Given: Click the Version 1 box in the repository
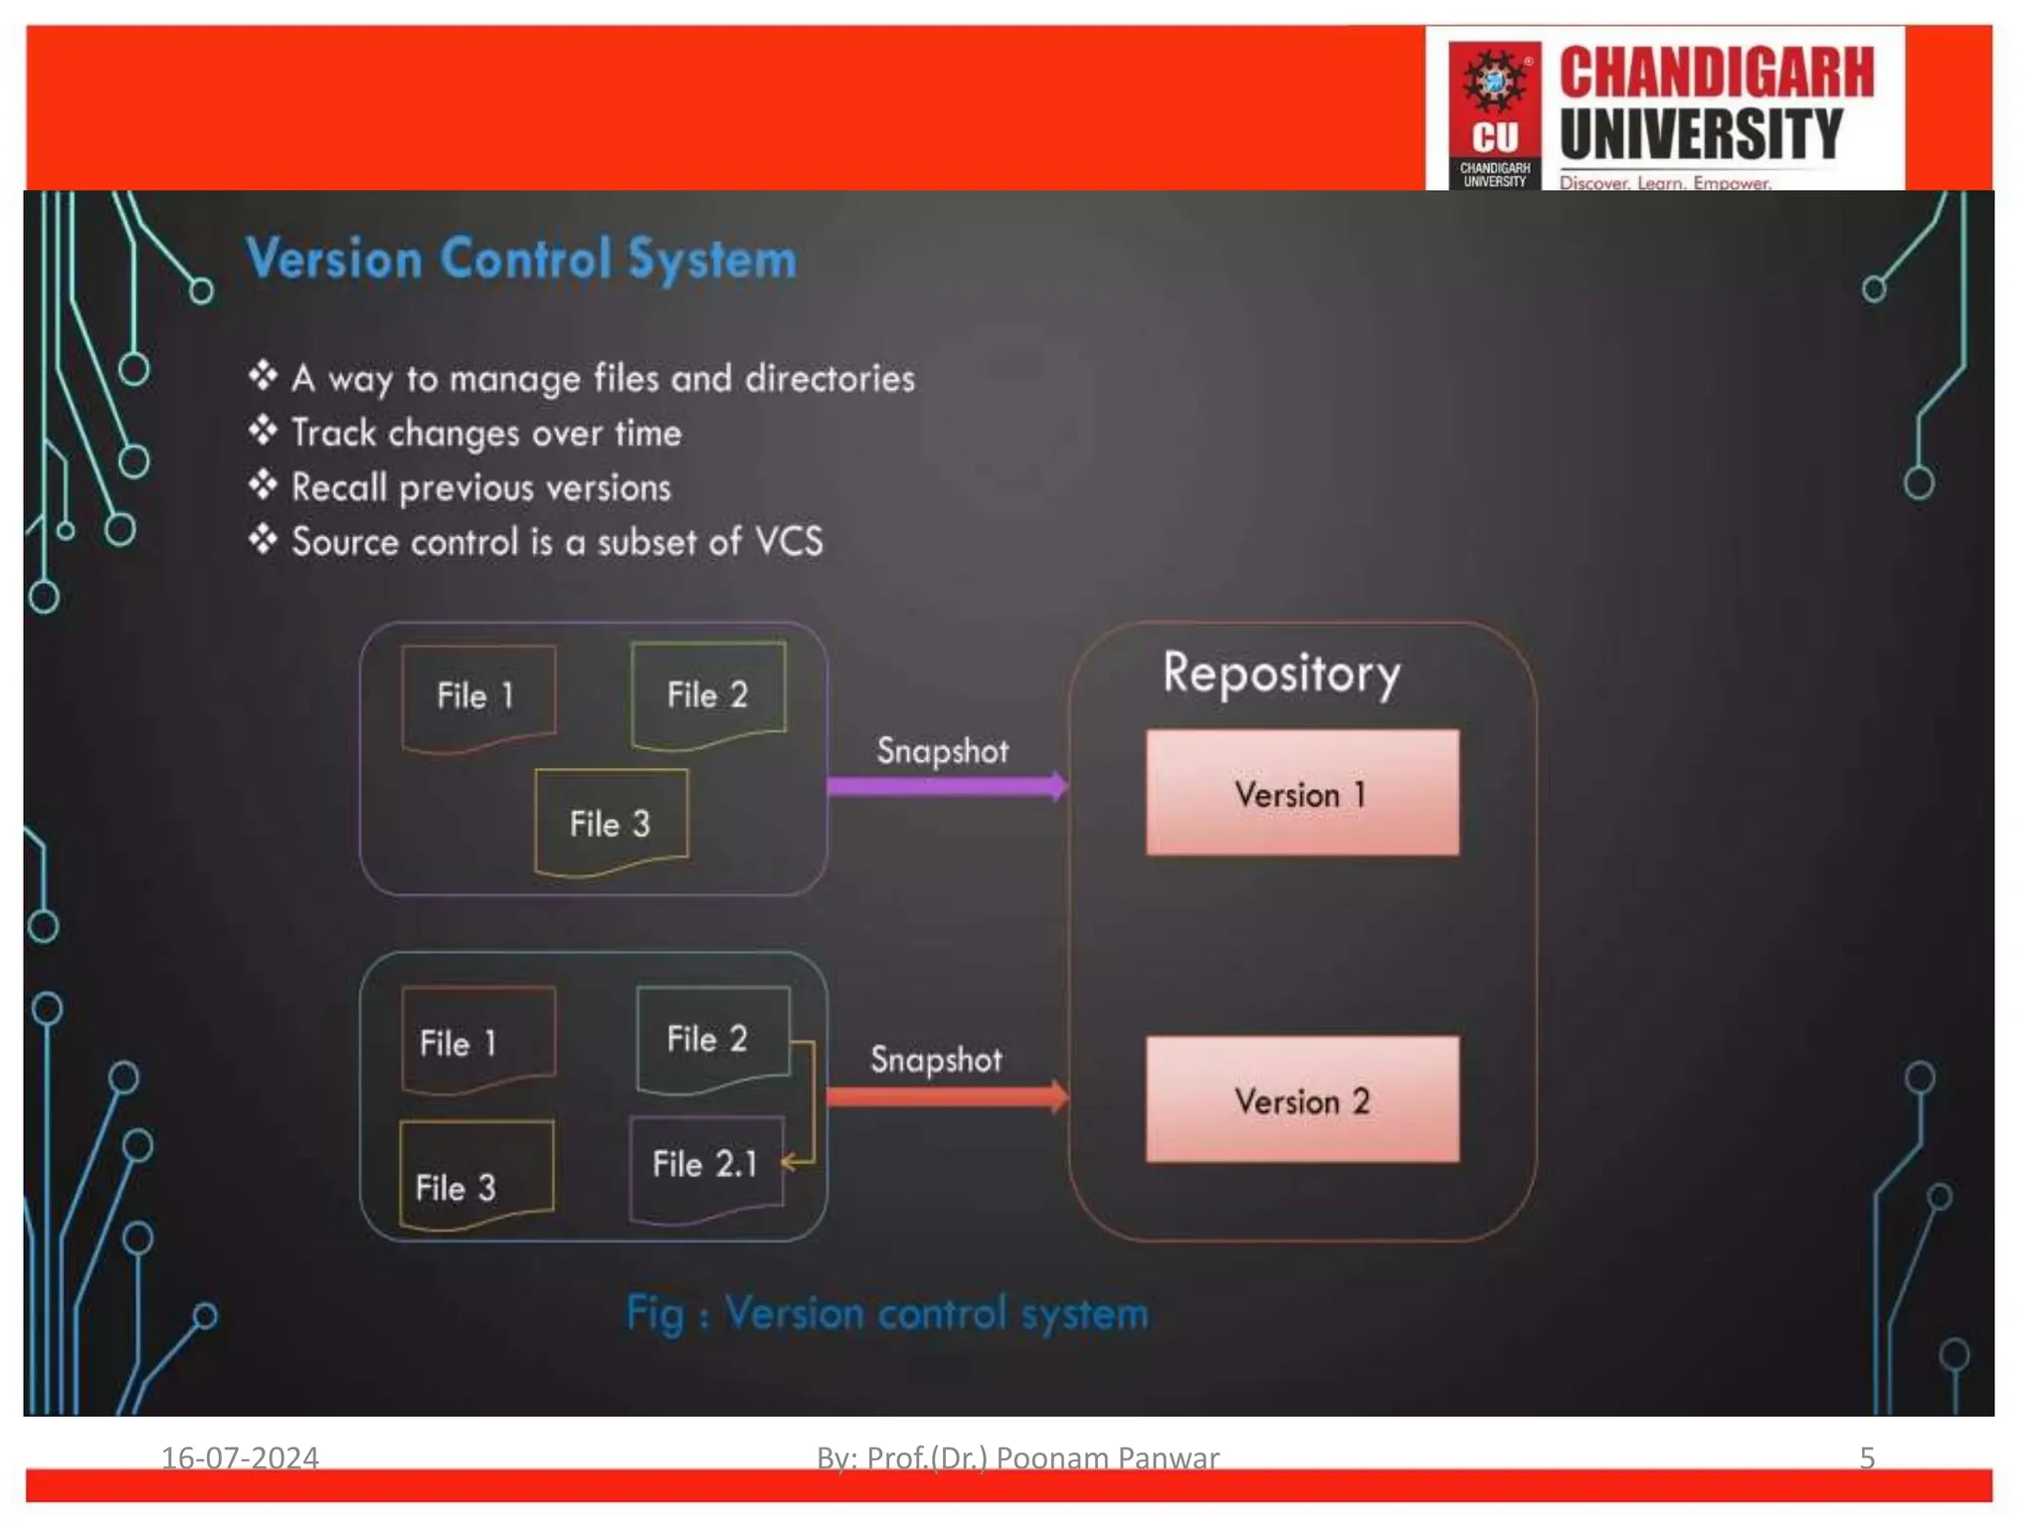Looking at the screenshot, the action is click(x=1302, y=793).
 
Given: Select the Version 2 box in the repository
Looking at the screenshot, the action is click(x=1302, y=1099).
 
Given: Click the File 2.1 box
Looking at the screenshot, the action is click(x=706, y=1166).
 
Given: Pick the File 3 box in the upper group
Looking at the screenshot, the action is click(x=611, y=823).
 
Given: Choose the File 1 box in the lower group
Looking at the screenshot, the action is click(x=477, y=1041).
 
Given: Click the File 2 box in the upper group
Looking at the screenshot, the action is click(x=707, y=694).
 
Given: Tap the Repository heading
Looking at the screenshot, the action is click(x=1281, y=674).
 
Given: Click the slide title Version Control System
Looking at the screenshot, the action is click(x=521, y=260).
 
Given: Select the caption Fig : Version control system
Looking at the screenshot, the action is click(x=886, y=1314).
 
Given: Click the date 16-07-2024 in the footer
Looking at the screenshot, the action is click(x=240, y=1457).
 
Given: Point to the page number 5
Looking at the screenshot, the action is click(x=1867, y=1457).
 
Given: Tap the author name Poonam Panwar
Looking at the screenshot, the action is click(x=1106, y=1457).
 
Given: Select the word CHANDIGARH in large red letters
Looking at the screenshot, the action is click(x=1716, y=74).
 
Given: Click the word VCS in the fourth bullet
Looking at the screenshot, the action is click(x=789, y=542).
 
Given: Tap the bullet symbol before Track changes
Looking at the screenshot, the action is click(x=263, y=431).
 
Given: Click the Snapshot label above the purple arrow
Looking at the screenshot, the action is click(x=942, y=751).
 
